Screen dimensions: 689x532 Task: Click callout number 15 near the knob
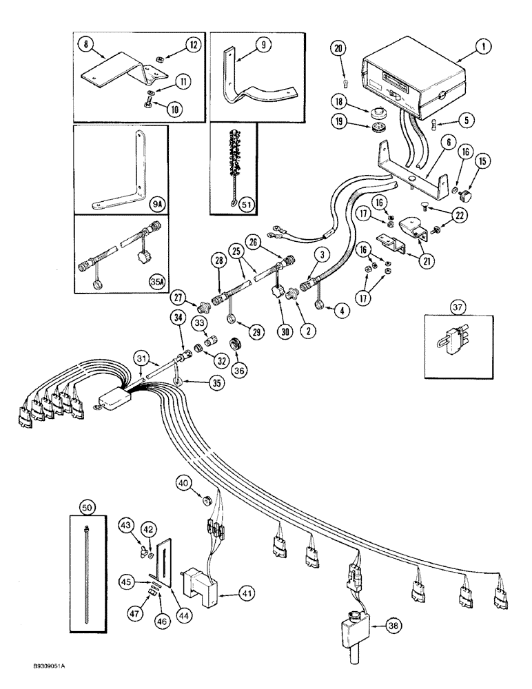[462, 180]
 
